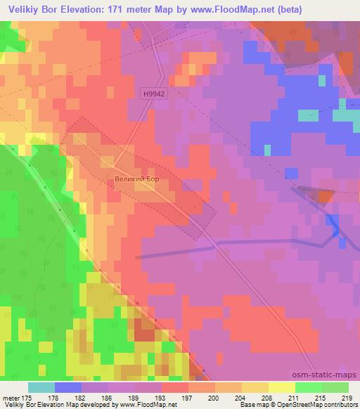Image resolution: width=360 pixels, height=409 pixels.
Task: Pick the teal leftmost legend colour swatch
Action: (x=41, y=387)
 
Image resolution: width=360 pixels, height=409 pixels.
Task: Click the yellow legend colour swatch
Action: (x=281, y=387)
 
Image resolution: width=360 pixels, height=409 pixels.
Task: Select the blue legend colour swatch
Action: (x=68, y=387)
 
